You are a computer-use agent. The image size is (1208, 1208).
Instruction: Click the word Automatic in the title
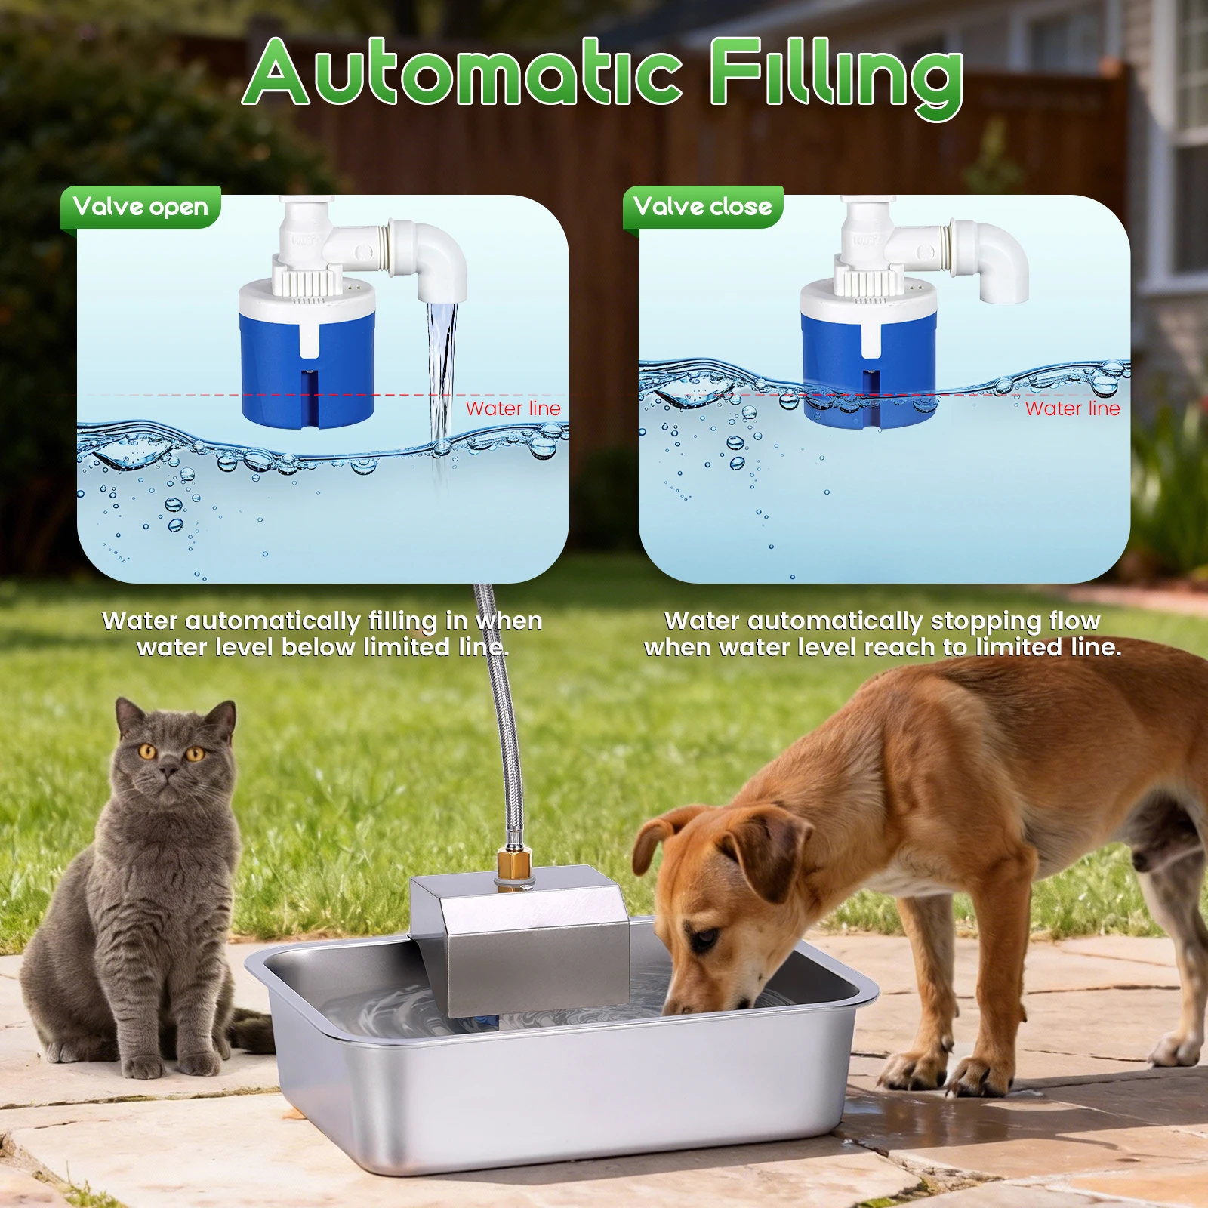[x=462, y=72]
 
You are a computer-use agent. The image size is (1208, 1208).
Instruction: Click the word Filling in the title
[x=837, y=78]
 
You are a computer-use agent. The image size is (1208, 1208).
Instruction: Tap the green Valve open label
[x=140, y=207]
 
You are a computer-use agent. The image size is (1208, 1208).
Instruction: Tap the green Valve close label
[x=703, y=207]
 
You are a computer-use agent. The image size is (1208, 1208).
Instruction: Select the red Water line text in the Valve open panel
[x=513, y=408]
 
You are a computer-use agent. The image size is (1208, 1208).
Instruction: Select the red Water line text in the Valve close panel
[x=1073, y=408]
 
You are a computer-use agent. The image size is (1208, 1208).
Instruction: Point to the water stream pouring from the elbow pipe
[x=442, y=385]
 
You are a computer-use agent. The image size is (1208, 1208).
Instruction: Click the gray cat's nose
[x=169, y=769]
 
